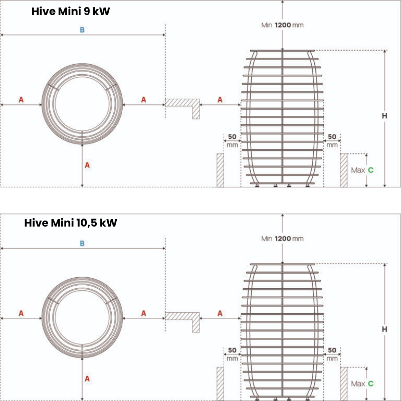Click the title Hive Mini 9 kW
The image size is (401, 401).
pyautogui.click(x=70, y=12)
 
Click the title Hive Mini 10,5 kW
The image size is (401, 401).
pyautogui.click(x=70, y=223)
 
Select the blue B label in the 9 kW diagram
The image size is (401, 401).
pyautogui.click(x=82, y=30)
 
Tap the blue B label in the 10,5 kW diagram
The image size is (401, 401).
pyautogui.click(x=82, y=244)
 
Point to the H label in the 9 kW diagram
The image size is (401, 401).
pyautogui.click(x=384, y=116)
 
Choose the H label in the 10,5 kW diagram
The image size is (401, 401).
pyautogui.click(x=384, y=329)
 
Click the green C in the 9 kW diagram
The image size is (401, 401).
pyautogui.click(x=370, y=170)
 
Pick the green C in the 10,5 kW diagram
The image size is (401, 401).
pyautogui.click(x=370, y=383)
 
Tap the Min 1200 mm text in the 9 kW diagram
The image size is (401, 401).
pyautogui.click(x=282, y=25)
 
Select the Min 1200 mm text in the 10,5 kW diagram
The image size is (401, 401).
pyautogui.click(x=282, y=239)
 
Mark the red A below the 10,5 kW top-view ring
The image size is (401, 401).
pyautogui.click(x=87, y=378)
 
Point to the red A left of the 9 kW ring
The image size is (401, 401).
pyautogui.click(x=21, y=100)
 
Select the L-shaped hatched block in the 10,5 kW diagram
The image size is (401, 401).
pyautogui.click(x=183, y=317)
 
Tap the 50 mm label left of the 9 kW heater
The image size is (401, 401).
pyautogui.click(x=232, y=140)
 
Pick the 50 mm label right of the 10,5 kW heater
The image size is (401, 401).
pyautogui.click(x=332, y=354)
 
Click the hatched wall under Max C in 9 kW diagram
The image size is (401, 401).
pyautogui.click(x=344, y=170)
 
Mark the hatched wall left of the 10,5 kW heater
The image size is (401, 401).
pyautogui.click(x=220, y=383)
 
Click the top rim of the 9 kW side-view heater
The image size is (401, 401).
pyautogui.click(x=283, y=51)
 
